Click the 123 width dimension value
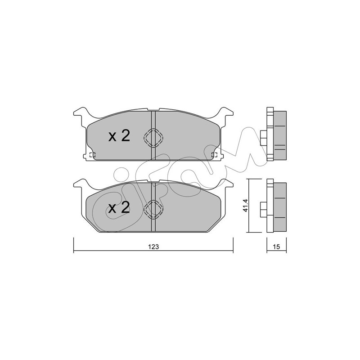tap(153, 247)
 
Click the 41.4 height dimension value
tap(245, 205)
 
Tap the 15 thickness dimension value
tap(277, 247)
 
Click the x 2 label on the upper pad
tap(119, 136)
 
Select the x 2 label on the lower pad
tap(119, 207)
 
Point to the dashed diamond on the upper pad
tap(153, 138)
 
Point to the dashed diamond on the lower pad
tap(153, 209)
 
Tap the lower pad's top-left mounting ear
tap(81, 184)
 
